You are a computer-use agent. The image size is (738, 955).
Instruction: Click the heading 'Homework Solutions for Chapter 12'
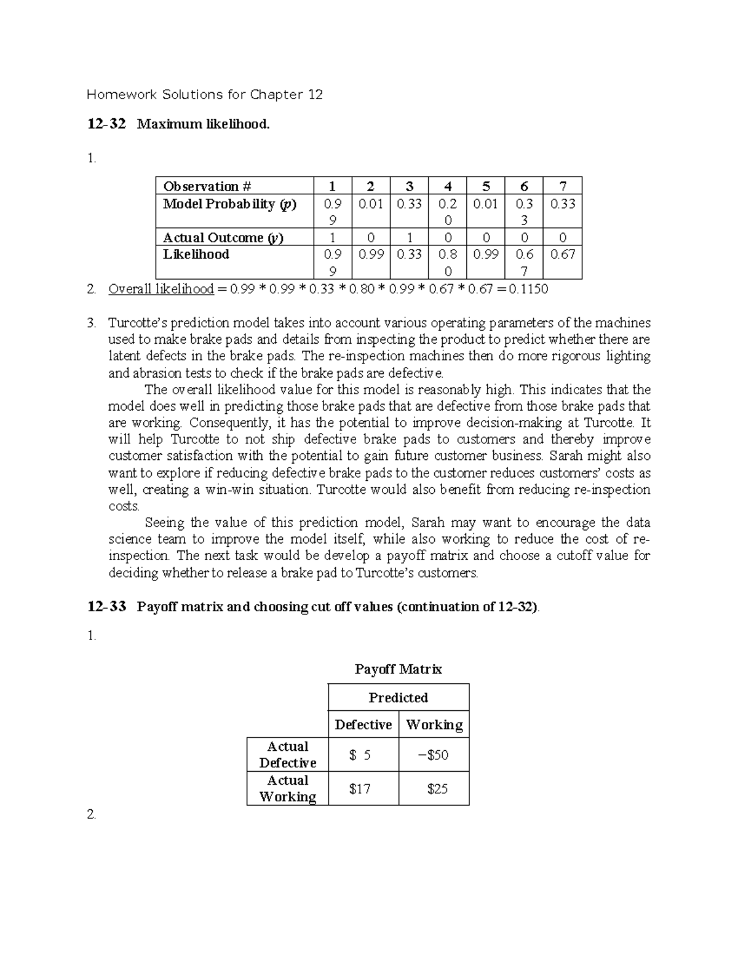[204, 95]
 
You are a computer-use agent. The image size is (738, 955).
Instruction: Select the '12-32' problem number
[106, 124]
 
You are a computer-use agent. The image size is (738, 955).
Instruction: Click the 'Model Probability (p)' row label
[229, 204]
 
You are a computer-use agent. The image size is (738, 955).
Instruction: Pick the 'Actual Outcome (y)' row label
[223, 237]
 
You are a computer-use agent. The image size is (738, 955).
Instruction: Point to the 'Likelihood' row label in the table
[196, 255]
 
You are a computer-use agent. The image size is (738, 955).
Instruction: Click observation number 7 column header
[562, 186]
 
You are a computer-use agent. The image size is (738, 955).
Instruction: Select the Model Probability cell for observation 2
[371, 204]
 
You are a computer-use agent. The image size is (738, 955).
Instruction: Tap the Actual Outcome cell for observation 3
[409, 237]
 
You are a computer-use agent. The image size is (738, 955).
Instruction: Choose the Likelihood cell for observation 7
[562, 255]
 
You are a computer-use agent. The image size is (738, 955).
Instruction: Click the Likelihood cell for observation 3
[409, 255]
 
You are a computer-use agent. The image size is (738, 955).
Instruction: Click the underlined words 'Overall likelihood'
[161, 289]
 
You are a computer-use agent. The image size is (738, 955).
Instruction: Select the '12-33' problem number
[106, 607]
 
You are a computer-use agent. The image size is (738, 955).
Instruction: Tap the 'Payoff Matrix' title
[398, 669]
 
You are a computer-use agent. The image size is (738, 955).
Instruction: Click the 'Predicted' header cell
[398, 697]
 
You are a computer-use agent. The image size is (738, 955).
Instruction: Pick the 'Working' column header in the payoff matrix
[434, 724]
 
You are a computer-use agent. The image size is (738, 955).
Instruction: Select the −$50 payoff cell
[434, 755]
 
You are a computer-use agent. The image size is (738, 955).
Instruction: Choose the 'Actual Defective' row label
[287, 755]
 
